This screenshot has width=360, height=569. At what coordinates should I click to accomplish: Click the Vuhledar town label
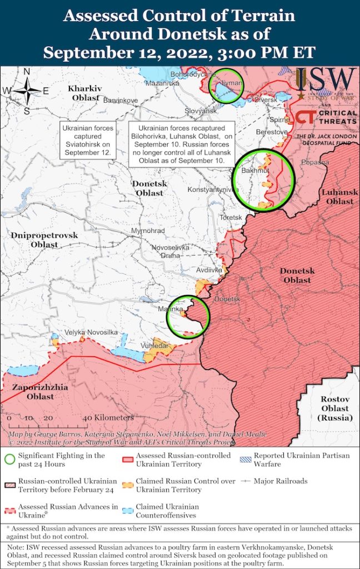click(x=153, y=345)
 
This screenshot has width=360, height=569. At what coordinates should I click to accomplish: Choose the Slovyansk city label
click(x=200, y=111)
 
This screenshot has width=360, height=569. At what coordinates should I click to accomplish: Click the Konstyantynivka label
click(x=209, y=189)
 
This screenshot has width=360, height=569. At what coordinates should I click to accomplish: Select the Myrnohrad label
click(x=147, y=230)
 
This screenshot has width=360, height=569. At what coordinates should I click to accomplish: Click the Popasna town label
click(x=315, y=162)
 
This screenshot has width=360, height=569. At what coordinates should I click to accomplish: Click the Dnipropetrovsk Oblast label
click(x=44, y=240)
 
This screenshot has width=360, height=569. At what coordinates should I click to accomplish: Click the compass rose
click(x=27, y=90)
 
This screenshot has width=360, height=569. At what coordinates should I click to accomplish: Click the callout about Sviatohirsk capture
click(x=87, y=139)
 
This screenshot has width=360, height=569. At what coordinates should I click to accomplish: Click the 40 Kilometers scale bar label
click(x=108, y=417)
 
